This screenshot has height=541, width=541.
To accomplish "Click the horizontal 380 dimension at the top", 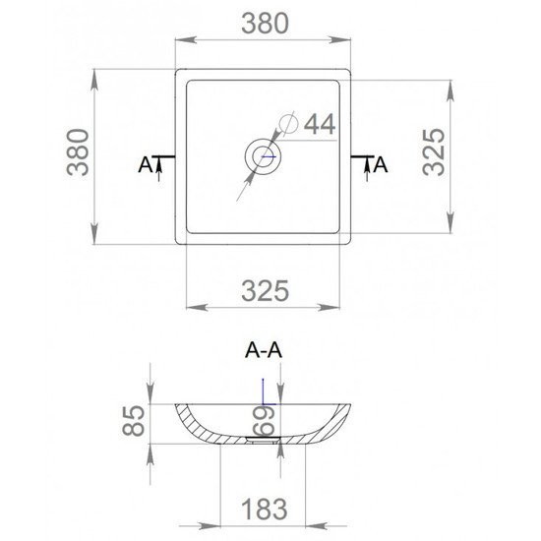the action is (265, 24).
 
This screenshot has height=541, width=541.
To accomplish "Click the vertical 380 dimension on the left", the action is (78, 152).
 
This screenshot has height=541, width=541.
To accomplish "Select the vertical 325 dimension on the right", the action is (434, 152).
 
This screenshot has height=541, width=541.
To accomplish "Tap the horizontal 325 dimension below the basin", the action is (265, 291).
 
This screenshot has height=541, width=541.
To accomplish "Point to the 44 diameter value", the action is (320, 124).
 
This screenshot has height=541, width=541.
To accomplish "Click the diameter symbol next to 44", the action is (288, 123).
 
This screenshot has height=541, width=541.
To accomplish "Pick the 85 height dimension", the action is (133, 421).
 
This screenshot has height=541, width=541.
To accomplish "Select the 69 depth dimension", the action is (264, 421).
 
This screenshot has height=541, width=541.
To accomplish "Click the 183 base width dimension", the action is (264, 509).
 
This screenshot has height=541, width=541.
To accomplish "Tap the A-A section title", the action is (264, 350).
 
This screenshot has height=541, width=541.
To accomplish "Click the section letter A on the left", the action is (146, 164).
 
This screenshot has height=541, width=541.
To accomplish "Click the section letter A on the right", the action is (381, 164).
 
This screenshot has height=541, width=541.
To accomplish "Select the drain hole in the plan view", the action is (264, 156).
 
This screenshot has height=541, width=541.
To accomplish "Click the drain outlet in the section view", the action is (263, 440).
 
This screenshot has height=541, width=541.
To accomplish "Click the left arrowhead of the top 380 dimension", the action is (186, 39).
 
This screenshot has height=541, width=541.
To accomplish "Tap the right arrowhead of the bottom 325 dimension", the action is (330, 307).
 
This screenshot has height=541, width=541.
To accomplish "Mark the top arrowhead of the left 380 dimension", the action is (94, 80).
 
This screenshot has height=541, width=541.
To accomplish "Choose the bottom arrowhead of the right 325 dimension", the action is (450, 222).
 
